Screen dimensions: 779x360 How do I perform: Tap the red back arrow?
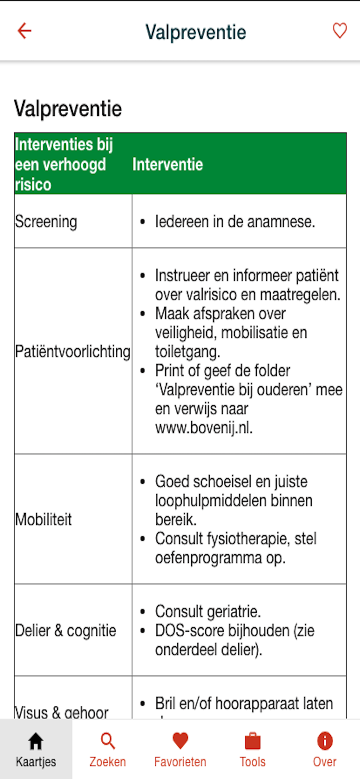point(24,31)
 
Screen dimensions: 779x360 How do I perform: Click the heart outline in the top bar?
point(339,31)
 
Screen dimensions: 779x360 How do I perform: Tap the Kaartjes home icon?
point(35,741)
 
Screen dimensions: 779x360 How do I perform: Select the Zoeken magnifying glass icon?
point(108,741)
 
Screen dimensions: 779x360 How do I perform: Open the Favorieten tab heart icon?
point(180,741)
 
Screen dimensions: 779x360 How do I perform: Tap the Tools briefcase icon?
point(252,741)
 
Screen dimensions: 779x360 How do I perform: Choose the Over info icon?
point(325,741)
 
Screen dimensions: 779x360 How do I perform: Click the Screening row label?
point(46,222)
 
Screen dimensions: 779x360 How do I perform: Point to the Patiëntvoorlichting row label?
point(72,351)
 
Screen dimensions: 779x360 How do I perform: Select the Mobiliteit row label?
point(44,520)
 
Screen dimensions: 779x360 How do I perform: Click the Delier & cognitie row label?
point(65,631)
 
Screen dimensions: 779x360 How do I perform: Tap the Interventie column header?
point(168,164)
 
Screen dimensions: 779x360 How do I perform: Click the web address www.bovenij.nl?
point(204,428)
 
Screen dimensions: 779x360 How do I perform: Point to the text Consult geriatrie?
point(208,612)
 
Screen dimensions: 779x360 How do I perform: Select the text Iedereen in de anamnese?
point(235,222)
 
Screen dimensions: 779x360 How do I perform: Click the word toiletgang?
point(187,352)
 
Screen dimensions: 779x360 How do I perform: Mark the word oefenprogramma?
point(208,558)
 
